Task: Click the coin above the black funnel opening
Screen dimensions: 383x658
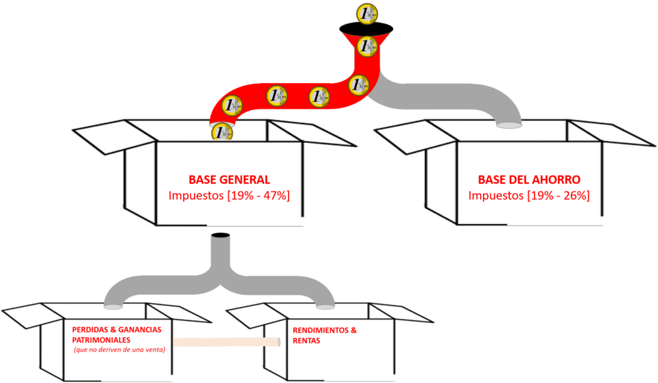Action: tap(369, 13)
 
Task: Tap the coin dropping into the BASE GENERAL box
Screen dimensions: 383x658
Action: tap(222, 132)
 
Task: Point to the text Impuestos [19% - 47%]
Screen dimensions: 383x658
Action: tap(229, 196)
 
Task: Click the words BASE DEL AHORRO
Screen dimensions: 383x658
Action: tap(529, 180)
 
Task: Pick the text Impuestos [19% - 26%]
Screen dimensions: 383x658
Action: tap(529, 195)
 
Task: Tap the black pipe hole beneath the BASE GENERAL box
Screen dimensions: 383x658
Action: tap(220, 236)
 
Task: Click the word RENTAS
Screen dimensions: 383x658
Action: tap(307, 342)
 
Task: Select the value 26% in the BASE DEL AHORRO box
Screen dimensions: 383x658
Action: tap(575, 195)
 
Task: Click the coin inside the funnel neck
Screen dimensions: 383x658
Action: tap(367, 46)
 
